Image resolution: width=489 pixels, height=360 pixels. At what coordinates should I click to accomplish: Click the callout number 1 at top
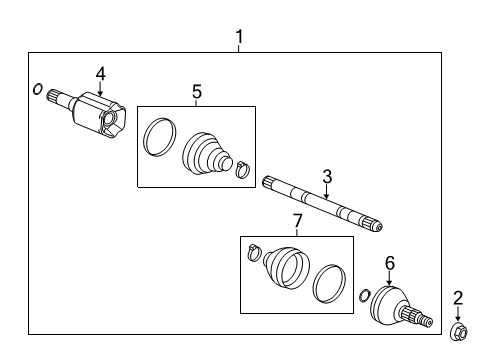(x=239, y=38)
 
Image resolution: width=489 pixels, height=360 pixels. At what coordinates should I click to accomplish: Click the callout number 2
(x=459, y=297)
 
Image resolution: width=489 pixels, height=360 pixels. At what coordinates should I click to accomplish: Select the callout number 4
(x=100, y=72)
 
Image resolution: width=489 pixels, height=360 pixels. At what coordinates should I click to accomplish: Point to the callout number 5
(x=196, y=92)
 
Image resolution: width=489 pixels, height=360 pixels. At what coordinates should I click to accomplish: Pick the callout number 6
(x=390, y=262)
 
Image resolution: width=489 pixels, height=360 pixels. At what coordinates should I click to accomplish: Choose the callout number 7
(x=296, y=220)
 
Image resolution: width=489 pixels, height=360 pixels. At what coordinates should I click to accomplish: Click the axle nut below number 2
(x=458, y=328)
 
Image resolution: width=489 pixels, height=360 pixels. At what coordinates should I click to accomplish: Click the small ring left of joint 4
(x=37, y=90)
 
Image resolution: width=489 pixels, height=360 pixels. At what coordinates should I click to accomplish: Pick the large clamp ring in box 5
(x=157, y=136)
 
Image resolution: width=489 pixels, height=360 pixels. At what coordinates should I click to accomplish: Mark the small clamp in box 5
(x=242, y=168)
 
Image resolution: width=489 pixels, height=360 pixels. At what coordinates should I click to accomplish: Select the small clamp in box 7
(x=254, y=254)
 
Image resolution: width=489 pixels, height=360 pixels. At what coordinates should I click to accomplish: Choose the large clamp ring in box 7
(x=327, y=283)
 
